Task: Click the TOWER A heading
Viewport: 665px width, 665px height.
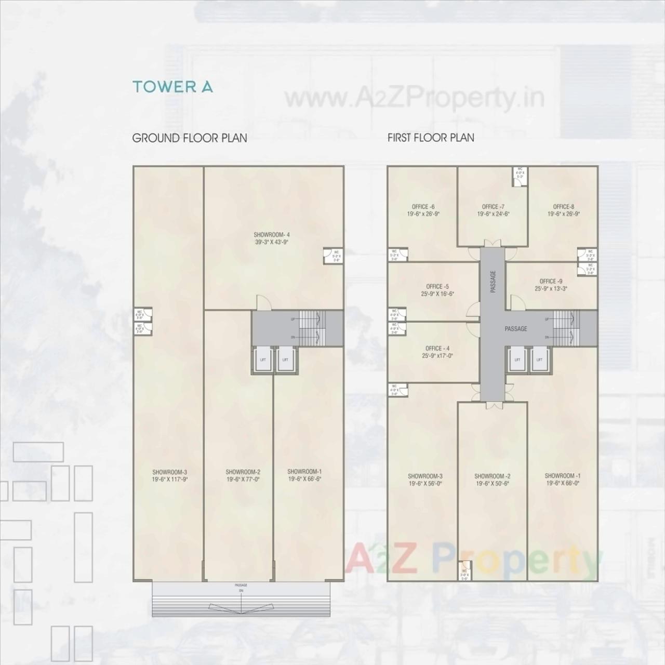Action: point(172,87)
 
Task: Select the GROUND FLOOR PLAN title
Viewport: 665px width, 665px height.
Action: point(190,138)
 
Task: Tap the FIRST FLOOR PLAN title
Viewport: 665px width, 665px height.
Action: point(431,138)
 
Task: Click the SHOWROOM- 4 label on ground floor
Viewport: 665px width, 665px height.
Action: point(272,234)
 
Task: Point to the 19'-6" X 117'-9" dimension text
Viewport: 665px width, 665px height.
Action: point(170,480)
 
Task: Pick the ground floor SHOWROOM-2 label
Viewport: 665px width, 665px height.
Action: point(243,472)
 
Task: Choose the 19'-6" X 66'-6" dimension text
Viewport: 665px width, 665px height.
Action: point(305,479)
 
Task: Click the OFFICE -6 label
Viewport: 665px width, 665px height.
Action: point(423,207)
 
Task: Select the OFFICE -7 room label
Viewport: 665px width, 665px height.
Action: point(493,207)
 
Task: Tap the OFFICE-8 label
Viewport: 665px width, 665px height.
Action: point(563,207)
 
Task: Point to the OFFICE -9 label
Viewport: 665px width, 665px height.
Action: point(551,282)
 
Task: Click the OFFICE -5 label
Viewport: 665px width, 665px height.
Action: point(437,286)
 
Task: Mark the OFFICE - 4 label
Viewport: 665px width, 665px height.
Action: point(437,349)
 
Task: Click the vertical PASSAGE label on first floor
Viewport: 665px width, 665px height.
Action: point(493,281)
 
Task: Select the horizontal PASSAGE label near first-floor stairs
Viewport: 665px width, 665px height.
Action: point(516,329)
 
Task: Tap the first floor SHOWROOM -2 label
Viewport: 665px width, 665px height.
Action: point(492,476)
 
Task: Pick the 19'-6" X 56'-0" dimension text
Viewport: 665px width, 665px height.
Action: point(425,483)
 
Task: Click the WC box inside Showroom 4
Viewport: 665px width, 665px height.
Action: point(329,256)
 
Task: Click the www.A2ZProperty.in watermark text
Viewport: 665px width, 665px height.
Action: point(415,98)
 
